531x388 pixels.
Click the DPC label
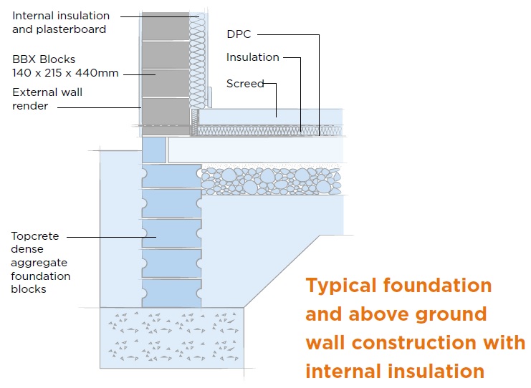tap(239, 34)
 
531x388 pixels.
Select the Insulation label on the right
tap(252, 57)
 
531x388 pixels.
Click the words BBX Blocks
tap(43, 59)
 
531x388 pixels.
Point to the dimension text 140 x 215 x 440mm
tap(65, 72)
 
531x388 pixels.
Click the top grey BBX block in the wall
tap(165, 26)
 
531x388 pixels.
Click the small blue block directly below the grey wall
tap(153, 150)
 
